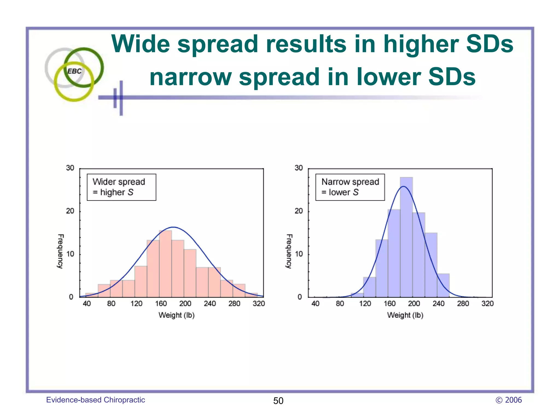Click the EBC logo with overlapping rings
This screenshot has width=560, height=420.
point(74,73)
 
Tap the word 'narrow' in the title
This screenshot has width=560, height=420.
point(190,77)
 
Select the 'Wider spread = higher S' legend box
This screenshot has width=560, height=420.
point(121,187)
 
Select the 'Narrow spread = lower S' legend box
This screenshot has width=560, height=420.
point(350,187)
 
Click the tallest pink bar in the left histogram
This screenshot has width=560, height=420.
point(165,264)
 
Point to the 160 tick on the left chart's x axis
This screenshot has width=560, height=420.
point(161,304)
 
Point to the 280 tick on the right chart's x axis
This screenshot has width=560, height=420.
point(463,304)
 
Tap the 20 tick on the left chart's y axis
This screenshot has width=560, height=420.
point(70,211)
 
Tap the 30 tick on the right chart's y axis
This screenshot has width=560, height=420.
point(299,168)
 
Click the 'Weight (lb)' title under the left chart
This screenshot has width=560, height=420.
point(176,315)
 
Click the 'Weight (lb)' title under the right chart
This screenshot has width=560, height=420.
point(405,315)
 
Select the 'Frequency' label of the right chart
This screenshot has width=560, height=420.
point(289,251)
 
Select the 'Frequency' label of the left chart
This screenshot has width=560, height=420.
point(60,251)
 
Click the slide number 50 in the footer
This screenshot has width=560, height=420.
point(278,401)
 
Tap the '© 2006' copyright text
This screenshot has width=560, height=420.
point(508,400)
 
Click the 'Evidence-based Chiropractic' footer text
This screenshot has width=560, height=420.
point(95,400)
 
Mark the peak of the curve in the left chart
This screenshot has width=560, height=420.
point(173,227)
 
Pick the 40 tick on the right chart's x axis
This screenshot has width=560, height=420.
point(315,304)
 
